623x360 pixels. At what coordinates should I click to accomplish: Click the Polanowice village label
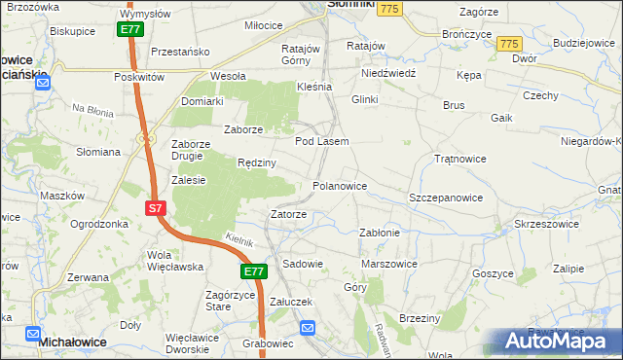click(339, 186)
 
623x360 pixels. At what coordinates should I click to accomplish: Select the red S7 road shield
click(156, 208)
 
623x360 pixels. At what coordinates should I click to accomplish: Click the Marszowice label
click(389, 264)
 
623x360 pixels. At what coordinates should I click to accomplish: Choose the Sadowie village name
click(302, 264)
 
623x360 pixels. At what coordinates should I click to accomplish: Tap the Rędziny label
click(258, 162)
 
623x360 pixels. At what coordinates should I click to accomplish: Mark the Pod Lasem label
click(321, 141)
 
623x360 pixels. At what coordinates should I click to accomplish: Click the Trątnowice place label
click(459, 158)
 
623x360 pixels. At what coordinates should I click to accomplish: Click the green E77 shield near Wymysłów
click(131, 30)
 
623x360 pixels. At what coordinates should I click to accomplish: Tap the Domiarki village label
click(202, 101)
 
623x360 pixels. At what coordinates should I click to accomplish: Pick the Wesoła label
click(228, 76)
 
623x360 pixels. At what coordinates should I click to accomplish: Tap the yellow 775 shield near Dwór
click(508, 45)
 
